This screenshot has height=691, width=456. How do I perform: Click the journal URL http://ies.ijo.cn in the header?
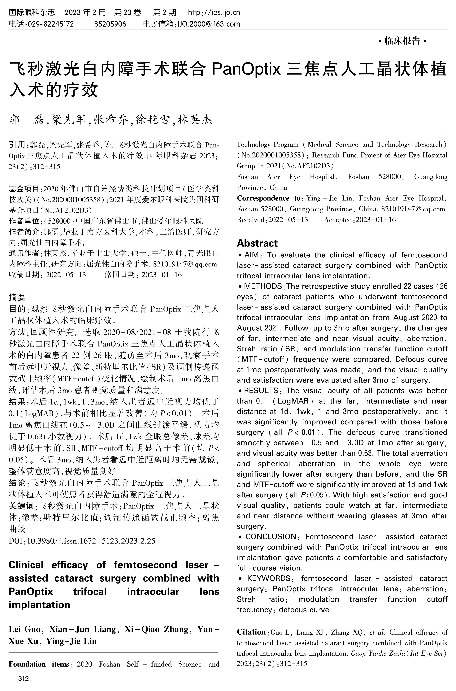coord(214,12)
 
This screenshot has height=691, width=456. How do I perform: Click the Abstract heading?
coord(257,243)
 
